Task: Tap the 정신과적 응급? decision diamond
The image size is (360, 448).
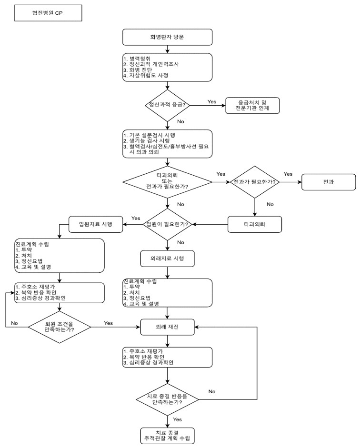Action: tap(167, 104)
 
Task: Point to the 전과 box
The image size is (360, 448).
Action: tap(328, 182)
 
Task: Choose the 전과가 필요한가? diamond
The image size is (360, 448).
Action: tap(255, 182)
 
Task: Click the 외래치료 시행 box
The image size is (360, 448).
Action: tap(167, 259)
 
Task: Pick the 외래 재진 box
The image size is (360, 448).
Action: tap(167, 327)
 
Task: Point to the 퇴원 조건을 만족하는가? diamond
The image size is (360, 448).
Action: tap(59, 327)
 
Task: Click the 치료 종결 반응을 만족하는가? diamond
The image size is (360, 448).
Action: tap(167, 397)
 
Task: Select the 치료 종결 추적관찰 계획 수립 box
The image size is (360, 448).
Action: tap(167, 435)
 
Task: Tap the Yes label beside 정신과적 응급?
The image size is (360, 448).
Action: tap(212, 101)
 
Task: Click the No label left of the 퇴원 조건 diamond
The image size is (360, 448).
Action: tap(14, 323)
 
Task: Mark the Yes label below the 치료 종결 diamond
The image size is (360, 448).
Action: tap(177, 419)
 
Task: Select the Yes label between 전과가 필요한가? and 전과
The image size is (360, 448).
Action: tap(288, 174)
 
